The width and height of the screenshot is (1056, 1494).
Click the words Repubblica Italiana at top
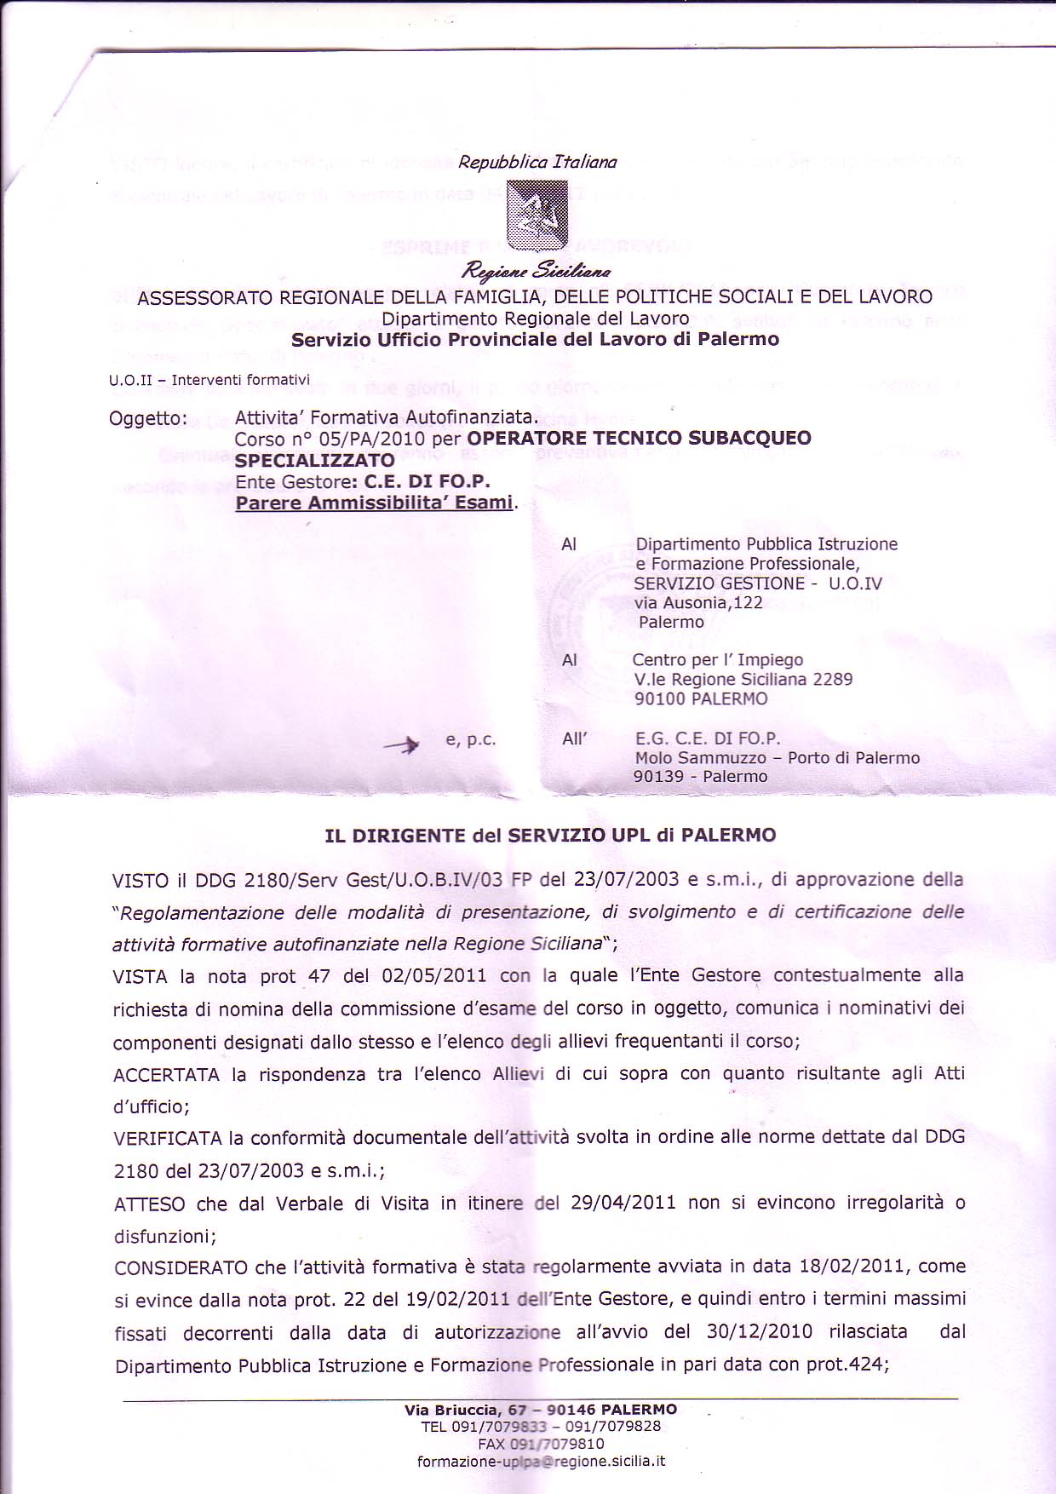(x=537, y=162)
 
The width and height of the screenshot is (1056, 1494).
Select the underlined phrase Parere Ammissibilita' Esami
(x=374, y=503)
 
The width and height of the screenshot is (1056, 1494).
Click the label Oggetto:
(x=148, y=418)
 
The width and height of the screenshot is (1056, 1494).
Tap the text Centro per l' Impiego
(x=717, y=660)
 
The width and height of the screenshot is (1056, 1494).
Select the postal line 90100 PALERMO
(x=701, y=698)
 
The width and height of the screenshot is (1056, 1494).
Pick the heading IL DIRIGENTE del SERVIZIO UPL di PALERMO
(x=550, y=835)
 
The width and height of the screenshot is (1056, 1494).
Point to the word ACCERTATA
(x=166, y=1075)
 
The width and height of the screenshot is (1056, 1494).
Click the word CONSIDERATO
(x=179, y=1267)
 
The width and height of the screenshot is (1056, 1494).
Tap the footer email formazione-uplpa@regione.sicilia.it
(x=541, y=1461)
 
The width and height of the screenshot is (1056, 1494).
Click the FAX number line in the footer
(x=541, y=1444)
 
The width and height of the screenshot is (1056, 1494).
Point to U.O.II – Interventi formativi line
(x=209, y=380)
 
